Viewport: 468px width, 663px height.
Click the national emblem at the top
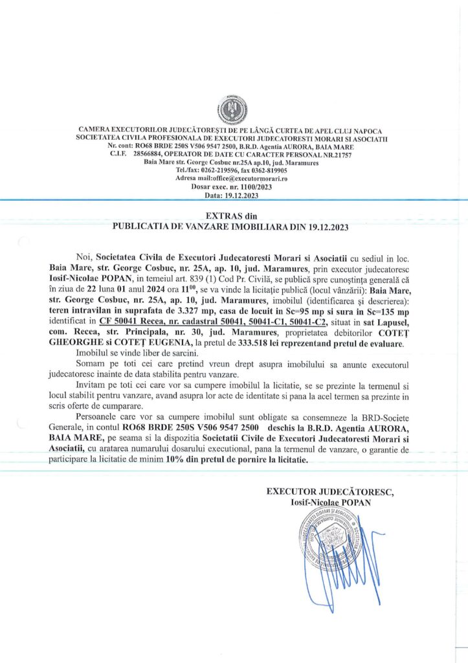(234, 111)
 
